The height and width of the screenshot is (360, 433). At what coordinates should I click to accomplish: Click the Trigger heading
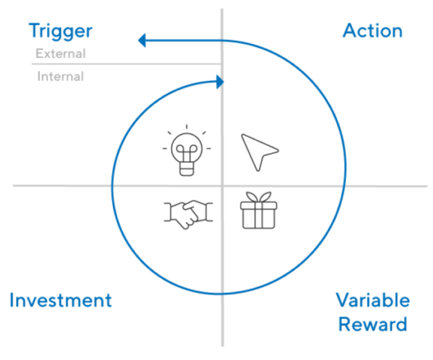60,31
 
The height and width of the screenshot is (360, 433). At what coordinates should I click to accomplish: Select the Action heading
373,30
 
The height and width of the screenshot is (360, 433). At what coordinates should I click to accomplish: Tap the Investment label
60,300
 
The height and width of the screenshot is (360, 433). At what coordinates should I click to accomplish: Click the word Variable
373,300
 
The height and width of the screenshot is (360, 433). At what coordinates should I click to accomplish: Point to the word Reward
373,324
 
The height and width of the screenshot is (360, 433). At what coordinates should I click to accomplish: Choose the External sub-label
60,53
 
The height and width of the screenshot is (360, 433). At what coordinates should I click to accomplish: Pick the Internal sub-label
60,76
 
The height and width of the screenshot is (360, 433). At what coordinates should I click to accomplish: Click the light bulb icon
187,150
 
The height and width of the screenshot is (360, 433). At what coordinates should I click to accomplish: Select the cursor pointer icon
260,152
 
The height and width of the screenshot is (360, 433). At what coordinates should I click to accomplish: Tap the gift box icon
259,210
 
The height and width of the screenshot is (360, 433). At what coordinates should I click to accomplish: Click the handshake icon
188,215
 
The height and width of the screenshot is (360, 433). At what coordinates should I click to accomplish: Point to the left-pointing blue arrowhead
142,40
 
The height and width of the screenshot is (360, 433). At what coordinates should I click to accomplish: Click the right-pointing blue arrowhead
220,82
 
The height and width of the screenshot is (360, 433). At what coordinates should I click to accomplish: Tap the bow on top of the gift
259,197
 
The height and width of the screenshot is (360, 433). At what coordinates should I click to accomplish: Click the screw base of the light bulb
187,169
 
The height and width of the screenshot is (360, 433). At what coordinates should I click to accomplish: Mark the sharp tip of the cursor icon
242,135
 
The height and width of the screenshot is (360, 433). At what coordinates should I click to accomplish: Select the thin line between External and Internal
127,64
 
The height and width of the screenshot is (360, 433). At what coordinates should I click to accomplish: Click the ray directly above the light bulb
187,127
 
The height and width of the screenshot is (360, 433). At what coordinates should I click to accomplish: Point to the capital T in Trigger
35,30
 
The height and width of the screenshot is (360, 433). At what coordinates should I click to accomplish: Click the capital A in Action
350,30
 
